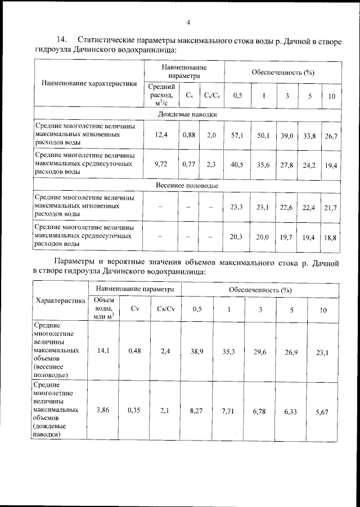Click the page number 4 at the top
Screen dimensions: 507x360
coord(188,22)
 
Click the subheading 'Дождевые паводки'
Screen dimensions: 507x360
coord(187,115)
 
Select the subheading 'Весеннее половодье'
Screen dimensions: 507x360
coord(187,185)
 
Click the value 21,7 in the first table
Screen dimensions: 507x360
coord(330,208)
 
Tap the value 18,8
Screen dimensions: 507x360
coord(330,238)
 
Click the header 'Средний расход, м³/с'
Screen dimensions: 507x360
coord(161,95)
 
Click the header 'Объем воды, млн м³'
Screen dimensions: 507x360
coord(104,308)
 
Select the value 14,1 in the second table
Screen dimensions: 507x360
coord(104,351)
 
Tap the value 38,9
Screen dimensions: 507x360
coord(196,351)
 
